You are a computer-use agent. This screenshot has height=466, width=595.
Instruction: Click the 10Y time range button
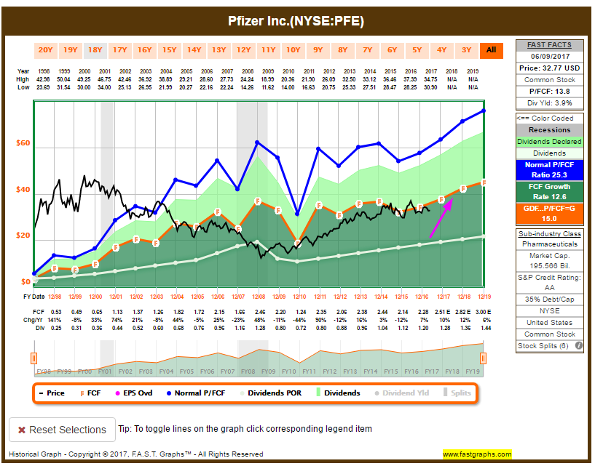click(x=293, y=50)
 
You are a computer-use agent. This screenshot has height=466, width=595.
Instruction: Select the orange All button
click(x=491, y=50)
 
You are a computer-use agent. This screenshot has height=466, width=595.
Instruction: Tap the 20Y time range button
click(x=45, y=50)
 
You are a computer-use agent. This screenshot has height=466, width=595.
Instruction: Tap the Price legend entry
click(x=51, y=393)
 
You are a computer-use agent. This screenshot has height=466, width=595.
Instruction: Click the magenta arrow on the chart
click(x=441, y=216)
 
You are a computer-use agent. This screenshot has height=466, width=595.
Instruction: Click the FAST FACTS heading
click(x=550, y=45)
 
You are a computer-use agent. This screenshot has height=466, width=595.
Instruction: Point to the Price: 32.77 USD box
click(x=550, y=67)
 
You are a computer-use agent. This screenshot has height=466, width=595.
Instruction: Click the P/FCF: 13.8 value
click(x=550, y=92)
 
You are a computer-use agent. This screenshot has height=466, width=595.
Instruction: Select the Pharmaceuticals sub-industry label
click(x=550, y=244)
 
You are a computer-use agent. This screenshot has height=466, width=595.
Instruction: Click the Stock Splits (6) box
click(x=550, y=346)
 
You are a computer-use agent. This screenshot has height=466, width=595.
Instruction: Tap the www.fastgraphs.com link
click(x=477, y=454)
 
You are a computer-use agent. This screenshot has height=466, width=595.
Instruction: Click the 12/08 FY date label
click(x=258, y=297)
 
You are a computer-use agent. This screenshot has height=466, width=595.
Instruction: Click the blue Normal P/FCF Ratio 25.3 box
click(x=550, y=170)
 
